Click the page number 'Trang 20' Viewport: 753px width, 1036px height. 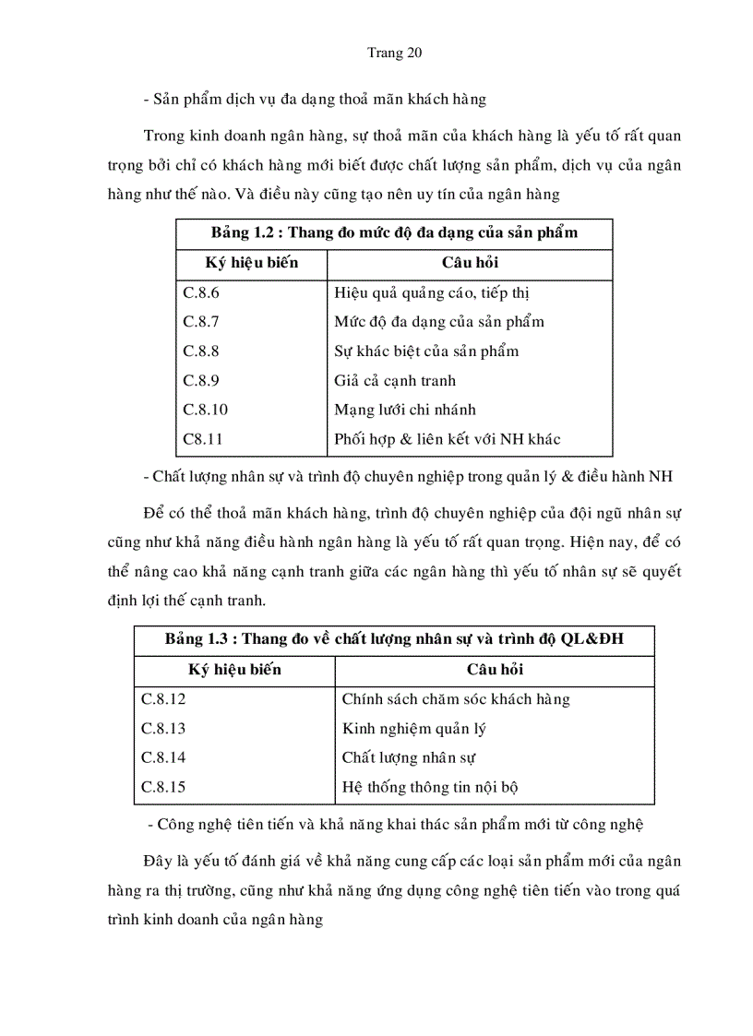click(x=394, y=53)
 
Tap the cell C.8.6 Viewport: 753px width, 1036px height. click(x=200, y=292)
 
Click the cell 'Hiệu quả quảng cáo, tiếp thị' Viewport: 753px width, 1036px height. click(x=431, y=292)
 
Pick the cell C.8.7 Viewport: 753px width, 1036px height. click(x=200, y=322)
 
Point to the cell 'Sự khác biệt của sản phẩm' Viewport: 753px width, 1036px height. click(x=425, y=351)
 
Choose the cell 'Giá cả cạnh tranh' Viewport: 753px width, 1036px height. click(x=394, y=380)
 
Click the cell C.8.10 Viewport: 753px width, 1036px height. click(x=204, y=410)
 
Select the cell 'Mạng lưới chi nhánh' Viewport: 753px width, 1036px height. click(x=404, y=410)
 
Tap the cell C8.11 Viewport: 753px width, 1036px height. click(x=202, y=439)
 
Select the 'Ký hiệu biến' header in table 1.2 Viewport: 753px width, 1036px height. click(x=252, y=263)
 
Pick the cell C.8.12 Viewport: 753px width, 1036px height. click(x=163, y=698)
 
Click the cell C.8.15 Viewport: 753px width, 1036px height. click(x=163, y=787)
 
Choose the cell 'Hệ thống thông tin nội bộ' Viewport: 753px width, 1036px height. click(x=434, y=787)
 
